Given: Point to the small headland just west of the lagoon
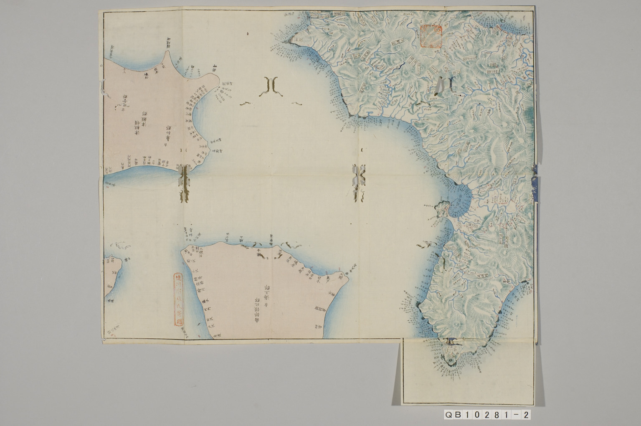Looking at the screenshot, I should click(441, 207).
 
